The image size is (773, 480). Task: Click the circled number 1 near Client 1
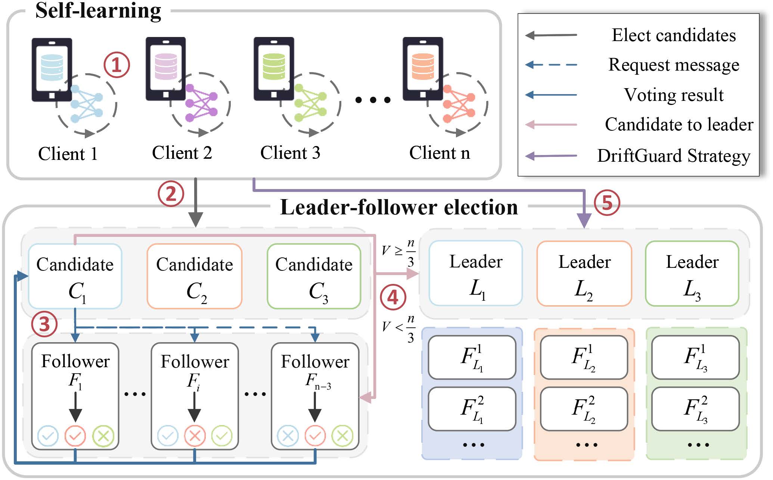click(117, 65)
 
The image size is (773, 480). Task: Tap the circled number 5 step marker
click(606, 203)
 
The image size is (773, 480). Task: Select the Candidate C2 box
click(195, 276)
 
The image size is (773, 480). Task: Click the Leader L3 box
click(692, 273)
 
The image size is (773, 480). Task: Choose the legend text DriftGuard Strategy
click(673, 156)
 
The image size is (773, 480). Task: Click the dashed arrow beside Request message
click(551, 65)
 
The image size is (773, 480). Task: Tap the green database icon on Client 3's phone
click(274, 67)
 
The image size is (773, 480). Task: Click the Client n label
click(439, 153)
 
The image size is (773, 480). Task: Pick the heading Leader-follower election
click(399, 207)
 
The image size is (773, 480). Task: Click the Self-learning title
click(98, 10)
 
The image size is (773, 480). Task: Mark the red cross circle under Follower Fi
click(195, 436)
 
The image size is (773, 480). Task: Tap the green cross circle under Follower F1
click(103, 436)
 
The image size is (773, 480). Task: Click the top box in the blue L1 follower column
click(472, 357)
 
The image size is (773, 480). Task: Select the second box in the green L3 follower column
click(695, 409)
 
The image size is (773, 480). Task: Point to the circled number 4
click(392, 298)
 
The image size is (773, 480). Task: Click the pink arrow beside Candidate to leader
click(551, 125)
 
